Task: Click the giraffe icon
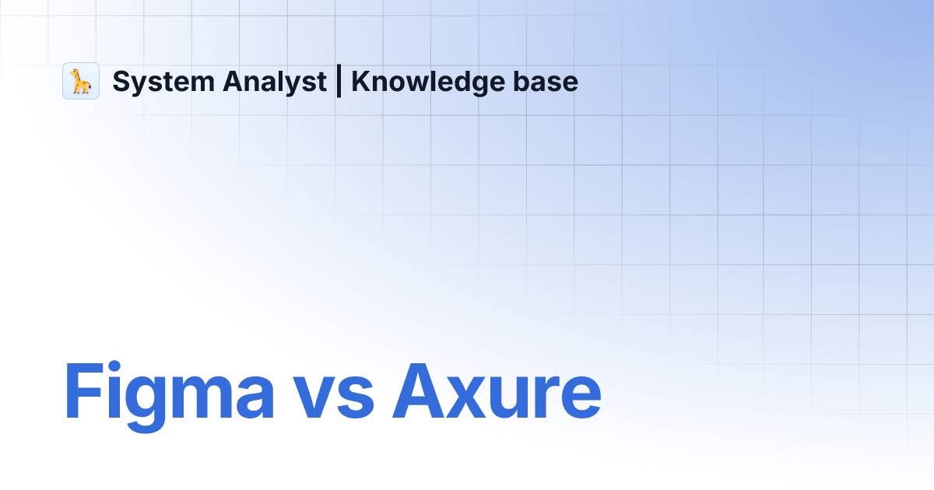coord(81,81)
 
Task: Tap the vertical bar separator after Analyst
coord(339,82)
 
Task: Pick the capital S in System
coord(121,82)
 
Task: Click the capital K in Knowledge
coord(360,82)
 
